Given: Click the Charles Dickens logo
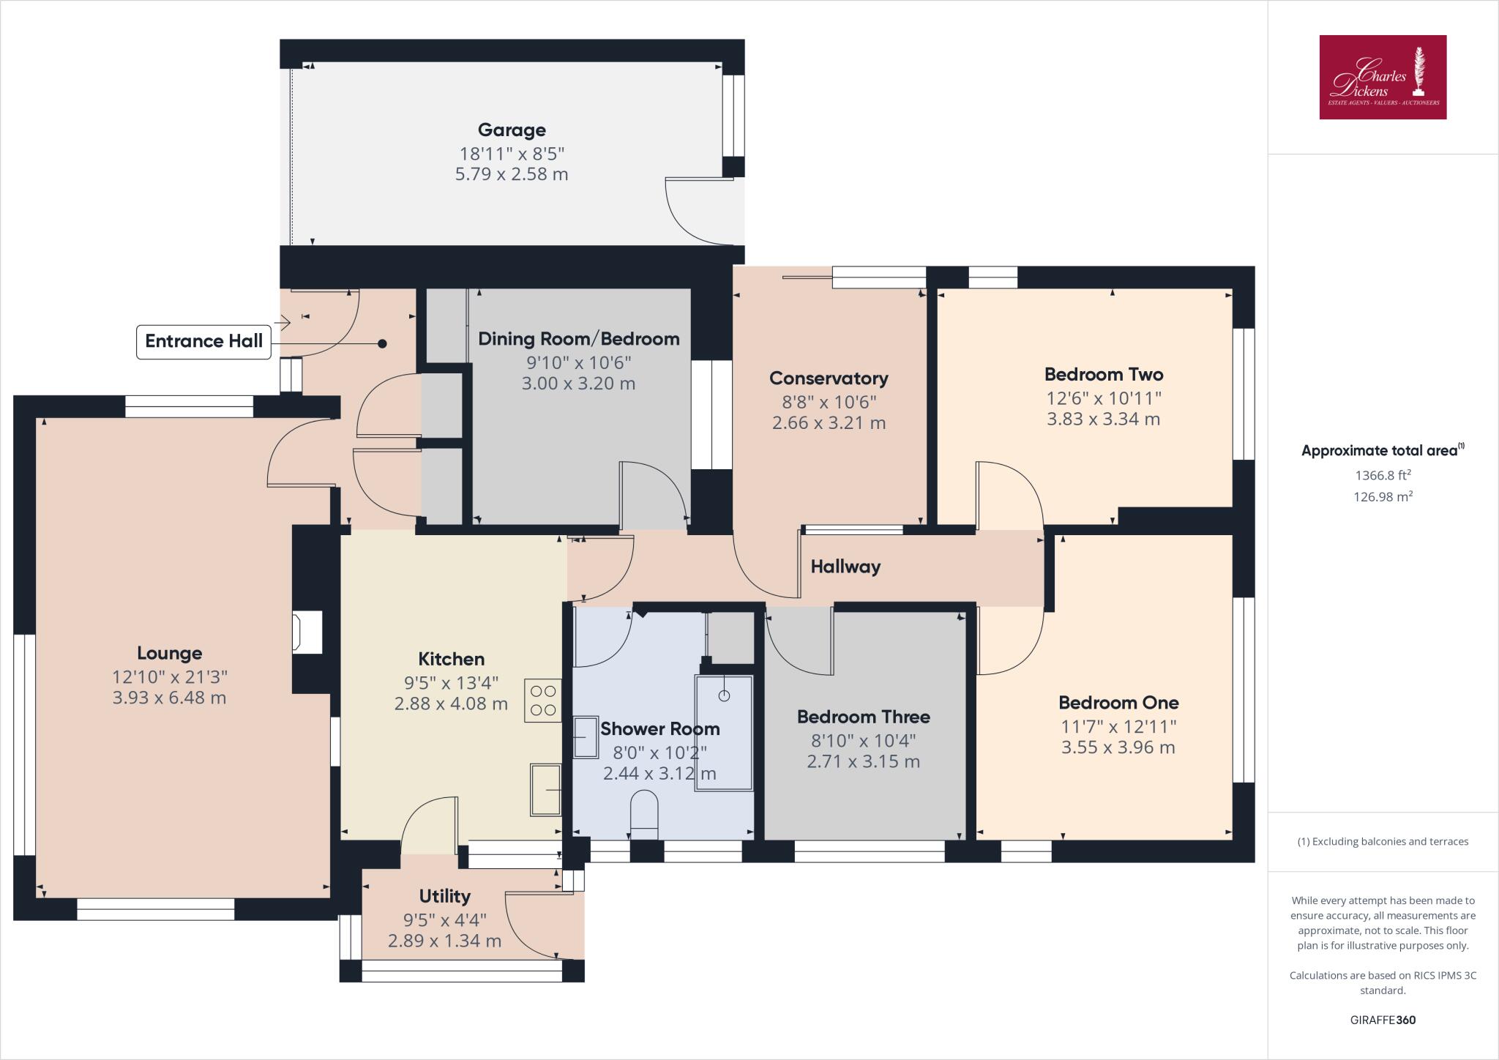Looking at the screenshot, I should click(1383, 77).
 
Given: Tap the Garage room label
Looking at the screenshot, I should click(512, 130).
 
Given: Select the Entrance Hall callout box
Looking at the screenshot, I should click(203, 341).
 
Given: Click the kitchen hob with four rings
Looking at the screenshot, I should click(542, 701).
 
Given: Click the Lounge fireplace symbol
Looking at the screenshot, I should click(307, 632).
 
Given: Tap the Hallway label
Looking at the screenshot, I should click(845, 567).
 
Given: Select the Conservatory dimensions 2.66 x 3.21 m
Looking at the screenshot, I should click(829, 423).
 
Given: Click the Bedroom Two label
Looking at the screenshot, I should click(1103, 375).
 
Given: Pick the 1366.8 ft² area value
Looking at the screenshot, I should click(1383, 475).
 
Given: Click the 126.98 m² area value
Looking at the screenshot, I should click(1383, 497).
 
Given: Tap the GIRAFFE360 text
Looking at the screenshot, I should click(1383, 1020).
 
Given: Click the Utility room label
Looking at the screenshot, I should click(444, 896).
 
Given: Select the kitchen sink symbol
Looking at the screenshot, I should click(545, 789).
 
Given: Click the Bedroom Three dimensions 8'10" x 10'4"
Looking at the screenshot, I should click(863, 741).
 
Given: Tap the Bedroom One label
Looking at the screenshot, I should click(1118, 703).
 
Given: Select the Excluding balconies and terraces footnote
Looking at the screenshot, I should click(1383, 842).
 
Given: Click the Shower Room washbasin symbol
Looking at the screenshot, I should click(585, 736).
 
